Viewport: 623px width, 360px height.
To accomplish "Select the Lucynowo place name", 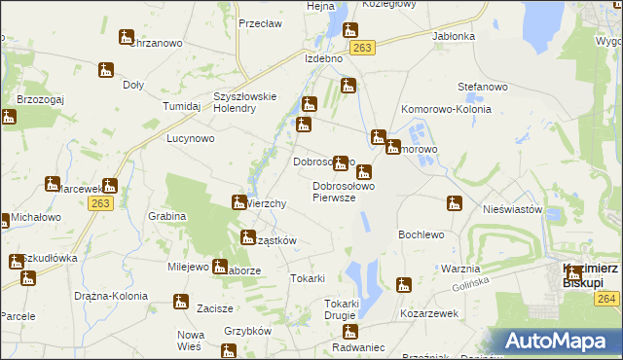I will pos(190,139).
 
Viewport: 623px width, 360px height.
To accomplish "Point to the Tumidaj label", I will pos(181,106).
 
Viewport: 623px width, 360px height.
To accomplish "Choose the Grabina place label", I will pos(167,216).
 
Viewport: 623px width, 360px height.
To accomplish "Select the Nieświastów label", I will pos(511,208).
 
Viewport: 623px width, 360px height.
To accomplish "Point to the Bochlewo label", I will pos(421,235).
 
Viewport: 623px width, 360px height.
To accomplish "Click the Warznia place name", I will pos(459,269).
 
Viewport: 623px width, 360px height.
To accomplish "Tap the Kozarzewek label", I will pos(428,316).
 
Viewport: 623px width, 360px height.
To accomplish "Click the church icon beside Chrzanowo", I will pos(126,38).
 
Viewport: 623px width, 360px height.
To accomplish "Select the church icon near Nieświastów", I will pos(454,203).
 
